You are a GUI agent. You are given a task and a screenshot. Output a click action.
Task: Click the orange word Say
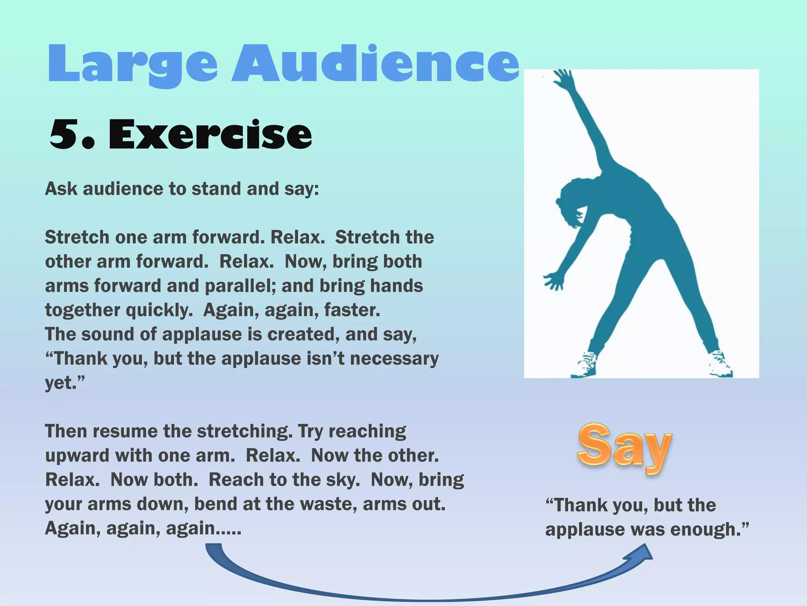(x=624, y=448)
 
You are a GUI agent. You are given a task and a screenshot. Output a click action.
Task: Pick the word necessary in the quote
(x=394, y=359)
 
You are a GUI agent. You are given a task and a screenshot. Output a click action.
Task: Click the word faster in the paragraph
(x=351, y=310)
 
